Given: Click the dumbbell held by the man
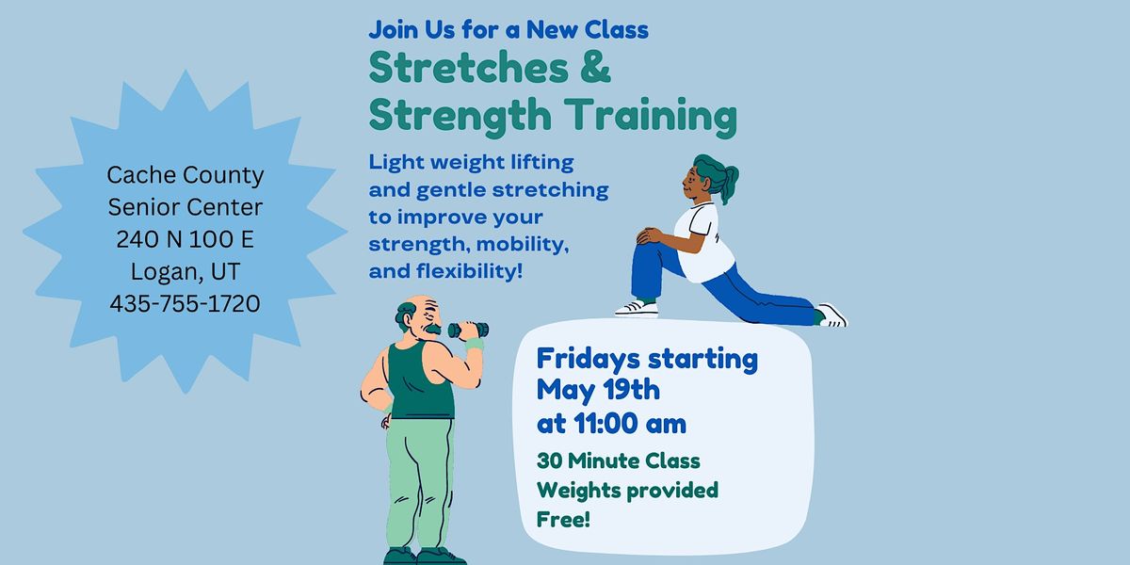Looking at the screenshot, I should (x=468, y=330).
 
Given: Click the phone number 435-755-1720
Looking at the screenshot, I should (x=185, y=304).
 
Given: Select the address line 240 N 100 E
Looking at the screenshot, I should (x=185, y=239).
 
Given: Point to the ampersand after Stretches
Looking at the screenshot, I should (x=595, y=70).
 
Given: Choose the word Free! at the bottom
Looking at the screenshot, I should (x=563, y=518).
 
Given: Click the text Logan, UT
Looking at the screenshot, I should (x=185, y=272).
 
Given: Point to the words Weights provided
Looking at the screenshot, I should (x=627, y=490).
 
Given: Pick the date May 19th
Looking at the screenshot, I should (x=598, y=390).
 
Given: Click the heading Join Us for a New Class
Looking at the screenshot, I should (x=508, y=29).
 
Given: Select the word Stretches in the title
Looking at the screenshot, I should (x=469, y=70).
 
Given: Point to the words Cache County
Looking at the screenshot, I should (x=185, y=174).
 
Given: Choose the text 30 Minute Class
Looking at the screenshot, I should (x=618, y=461).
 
